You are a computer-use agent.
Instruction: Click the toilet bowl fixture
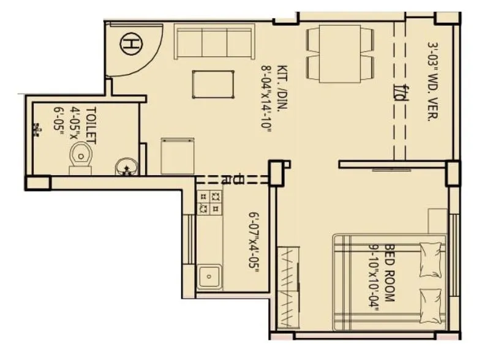click(80, 156)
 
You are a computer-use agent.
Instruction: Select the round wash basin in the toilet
click(126, 165)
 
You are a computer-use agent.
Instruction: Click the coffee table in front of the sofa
click(214, 84)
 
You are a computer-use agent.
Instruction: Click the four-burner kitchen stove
click(209, 202)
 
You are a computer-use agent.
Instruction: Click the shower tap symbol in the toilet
click(37, 130)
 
